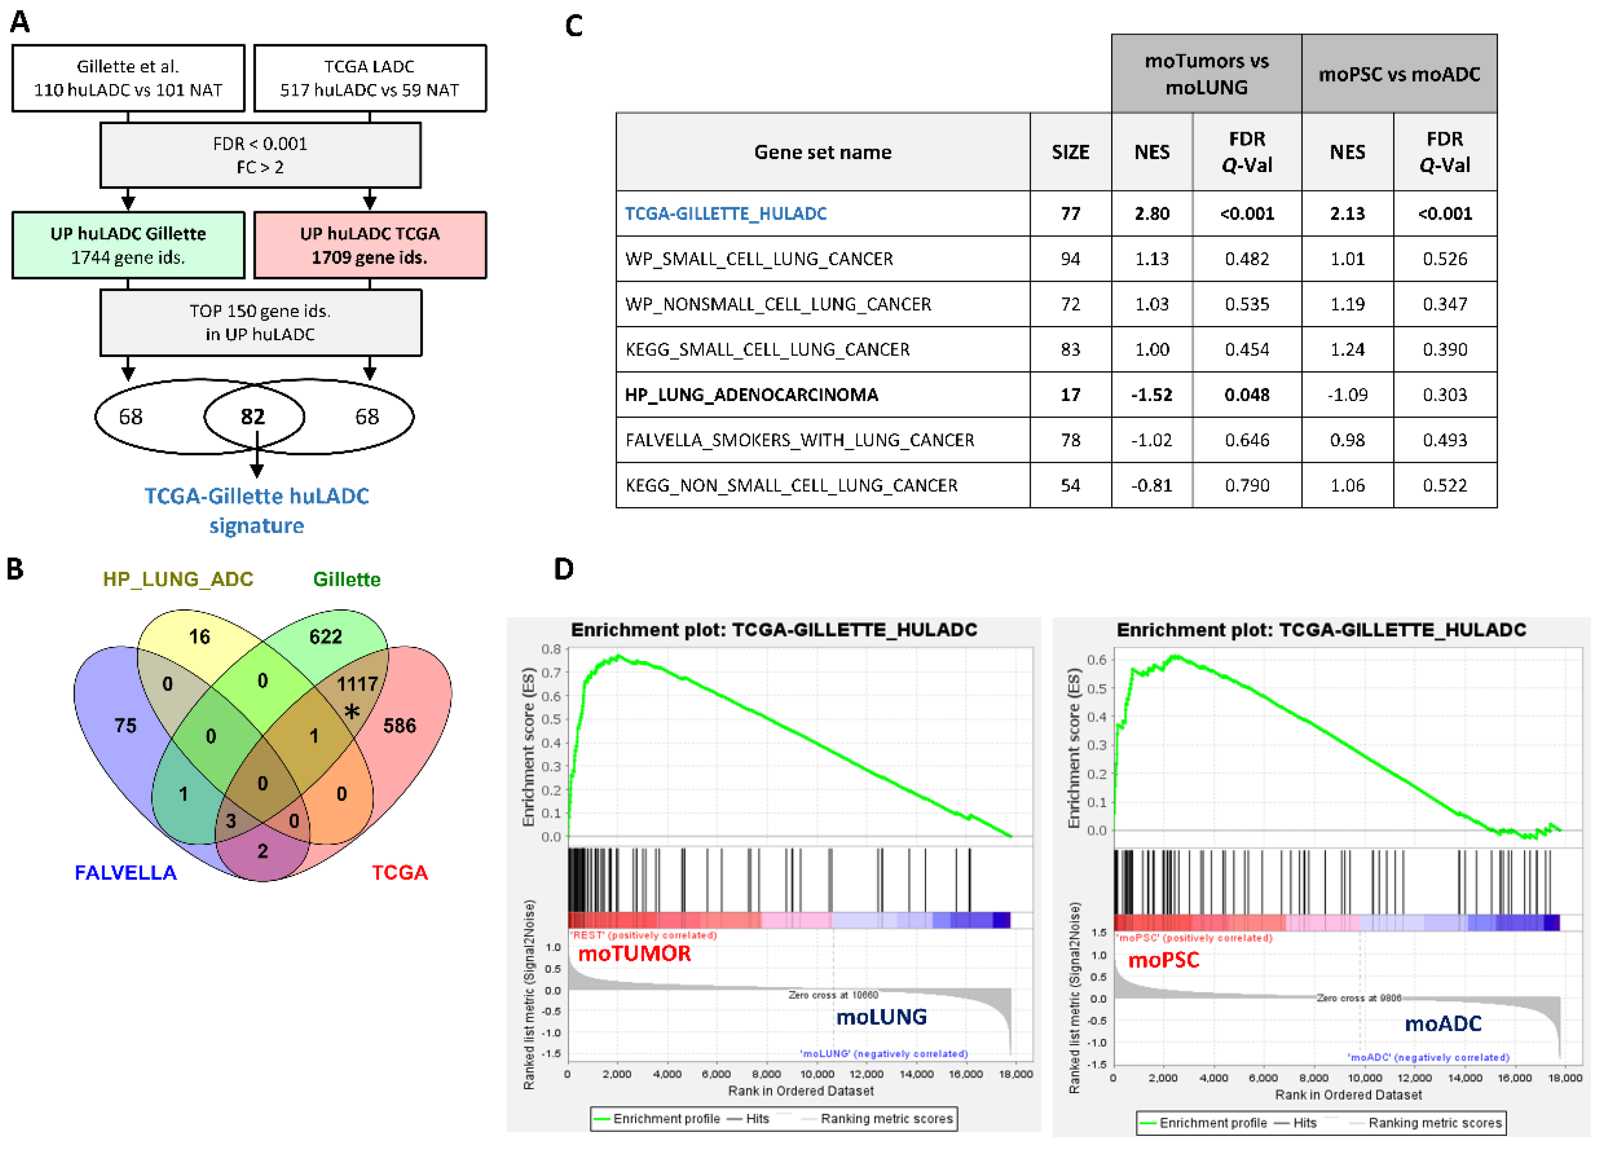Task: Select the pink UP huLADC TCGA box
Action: [369, 245]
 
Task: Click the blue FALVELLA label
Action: [126, 873]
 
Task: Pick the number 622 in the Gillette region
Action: [325, 636]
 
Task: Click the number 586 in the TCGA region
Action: [399, 726]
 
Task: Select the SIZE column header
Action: [1070, 152]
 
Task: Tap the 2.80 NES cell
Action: [1152, 213]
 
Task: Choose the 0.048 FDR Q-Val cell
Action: [1246, 395]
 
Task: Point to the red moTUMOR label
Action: [635, 953]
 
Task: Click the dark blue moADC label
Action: [1443, 1024]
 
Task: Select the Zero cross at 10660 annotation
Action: [833, 995]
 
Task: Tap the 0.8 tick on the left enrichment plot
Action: [552, 649]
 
